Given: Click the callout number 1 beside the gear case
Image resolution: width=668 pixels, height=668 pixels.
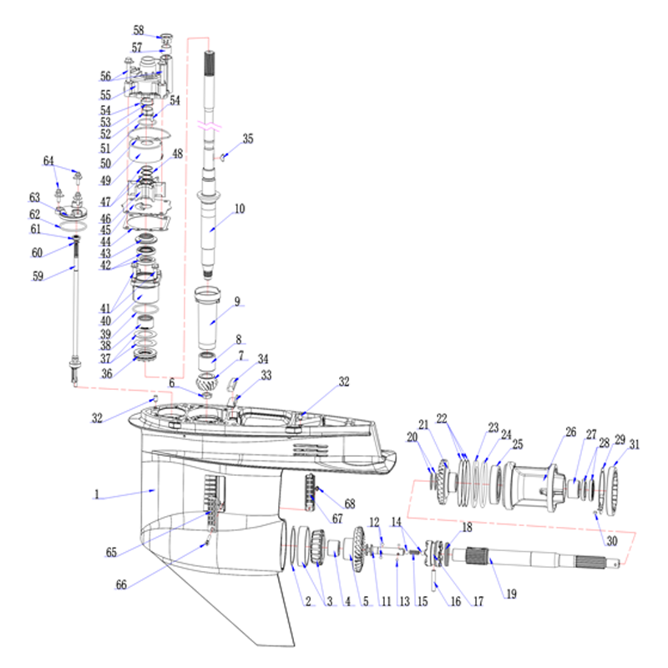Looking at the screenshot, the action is (x=97, y=494).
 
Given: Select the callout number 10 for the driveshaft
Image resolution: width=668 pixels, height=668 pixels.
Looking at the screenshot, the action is (x=240, y=208).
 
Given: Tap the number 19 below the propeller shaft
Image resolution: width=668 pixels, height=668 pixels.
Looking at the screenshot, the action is (x=512, y=594).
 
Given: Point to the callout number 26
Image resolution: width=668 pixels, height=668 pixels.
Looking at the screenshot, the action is (x=571, y=432).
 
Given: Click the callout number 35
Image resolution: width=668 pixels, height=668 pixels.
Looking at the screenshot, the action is (x=248, y=139).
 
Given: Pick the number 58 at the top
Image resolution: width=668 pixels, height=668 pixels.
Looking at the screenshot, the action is (x=139, y=30).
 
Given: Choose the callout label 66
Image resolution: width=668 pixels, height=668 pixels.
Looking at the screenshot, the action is (x=121, y=584).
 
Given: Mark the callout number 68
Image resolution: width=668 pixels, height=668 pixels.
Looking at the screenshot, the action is (x=350, y=504).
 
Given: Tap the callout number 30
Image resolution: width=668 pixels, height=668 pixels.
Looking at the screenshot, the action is (x=612, y=540).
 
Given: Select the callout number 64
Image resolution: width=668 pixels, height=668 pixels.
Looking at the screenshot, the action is (x=48, y=160).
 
